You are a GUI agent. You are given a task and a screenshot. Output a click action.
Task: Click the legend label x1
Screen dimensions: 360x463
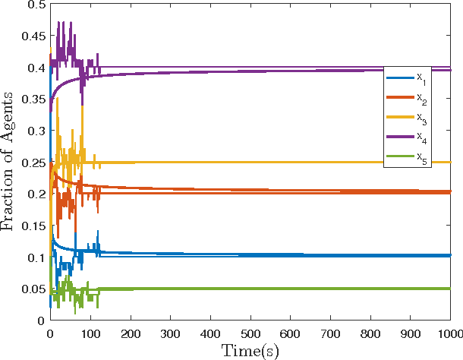[421, 78]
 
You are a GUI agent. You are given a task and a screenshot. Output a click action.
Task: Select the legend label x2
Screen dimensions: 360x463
[421, 98]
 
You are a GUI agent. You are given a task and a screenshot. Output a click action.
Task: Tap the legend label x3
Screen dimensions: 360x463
[421, 118]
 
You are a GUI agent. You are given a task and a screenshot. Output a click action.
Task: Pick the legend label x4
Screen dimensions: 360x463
[421, 137]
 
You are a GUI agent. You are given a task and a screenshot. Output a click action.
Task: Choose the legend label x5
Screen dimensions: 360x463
[421, 157]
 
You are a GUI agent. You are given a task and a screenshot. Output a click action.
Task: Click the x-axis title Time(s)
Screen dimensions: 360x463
[250, 350]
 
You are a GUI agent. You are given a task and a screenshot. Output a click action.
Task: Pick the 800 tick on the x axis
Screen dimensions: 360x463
[370, 333]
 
